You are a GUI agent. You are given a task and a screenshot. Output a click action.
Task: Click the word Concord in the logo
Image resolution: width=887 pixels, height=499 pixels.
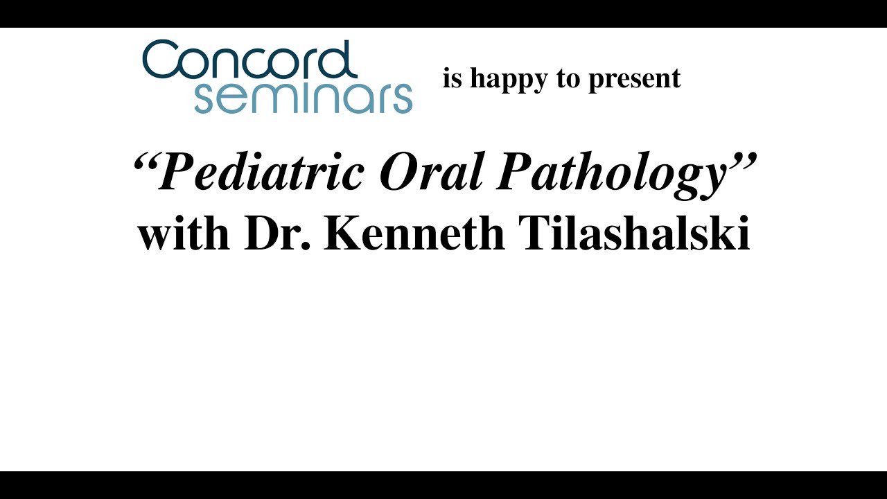click(x=249, y=60)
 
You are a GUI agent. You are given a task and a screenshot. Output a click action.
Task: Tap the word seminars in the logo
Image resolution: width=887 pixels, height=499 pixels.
click(x=304, y=98)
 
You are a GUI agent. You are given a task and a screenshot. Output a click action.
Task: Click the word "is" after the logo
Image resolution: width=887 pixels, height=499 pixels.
click(x=452, y=78)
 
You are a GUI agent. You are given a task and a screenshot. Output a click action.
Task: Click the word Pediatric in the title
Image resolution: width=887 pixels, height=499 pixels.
click(x=261, y=172)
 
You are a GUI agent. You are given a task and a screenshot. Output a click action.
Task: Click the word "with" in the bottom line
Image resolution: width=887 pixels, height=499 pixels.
click(x=184, y=234)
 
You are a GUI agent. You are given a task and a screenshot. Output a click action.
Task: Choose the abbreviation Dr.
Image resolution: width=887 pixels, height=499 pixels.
click(x=277, y=234)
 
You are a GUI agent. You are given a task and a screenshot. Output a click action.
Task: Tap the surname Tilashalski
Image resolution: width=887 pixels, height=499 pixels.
click(x=634, y=234)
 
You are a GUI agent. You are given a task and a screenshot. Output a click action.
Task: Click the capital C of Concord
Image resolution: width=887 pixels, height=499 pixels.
click(x=161, y=60)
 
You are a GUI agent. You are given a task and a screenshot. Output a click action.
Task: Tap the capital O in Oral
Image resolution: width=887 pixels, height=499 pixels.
click(x=397, y=172)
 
